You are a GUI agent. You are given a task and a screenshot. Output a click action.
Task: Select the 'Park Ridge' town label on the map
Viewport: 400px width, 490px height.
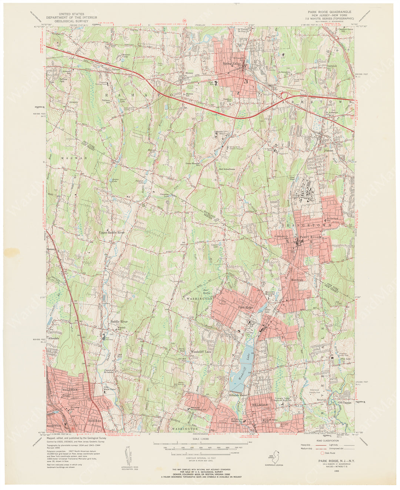pyautogui.click(x=246, y=308)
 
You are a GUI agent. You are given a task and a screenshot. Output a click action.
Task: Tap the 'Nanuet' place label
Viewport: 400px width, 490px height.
pyautogui.click(x=329, y=151)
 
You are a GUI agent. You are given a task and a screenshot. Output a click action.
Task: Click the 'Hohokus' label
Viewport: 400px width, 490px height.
pyautogui.click(x=94, y=421)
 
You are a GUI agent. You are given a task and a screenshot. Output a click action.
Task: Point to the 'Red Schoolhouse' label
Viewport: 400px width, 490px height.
pyautogui.click(x=227, y=169)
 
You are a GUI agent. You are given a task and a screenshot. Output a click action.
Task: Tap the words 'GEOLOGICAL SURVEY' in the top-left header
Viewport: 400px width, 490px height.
pyautogui.click(x=71, y=21)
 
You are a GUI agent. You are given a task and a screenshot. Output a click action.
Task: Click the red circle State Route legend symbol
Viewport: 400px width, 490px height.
pyautogui.click(x=322, y=453)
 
